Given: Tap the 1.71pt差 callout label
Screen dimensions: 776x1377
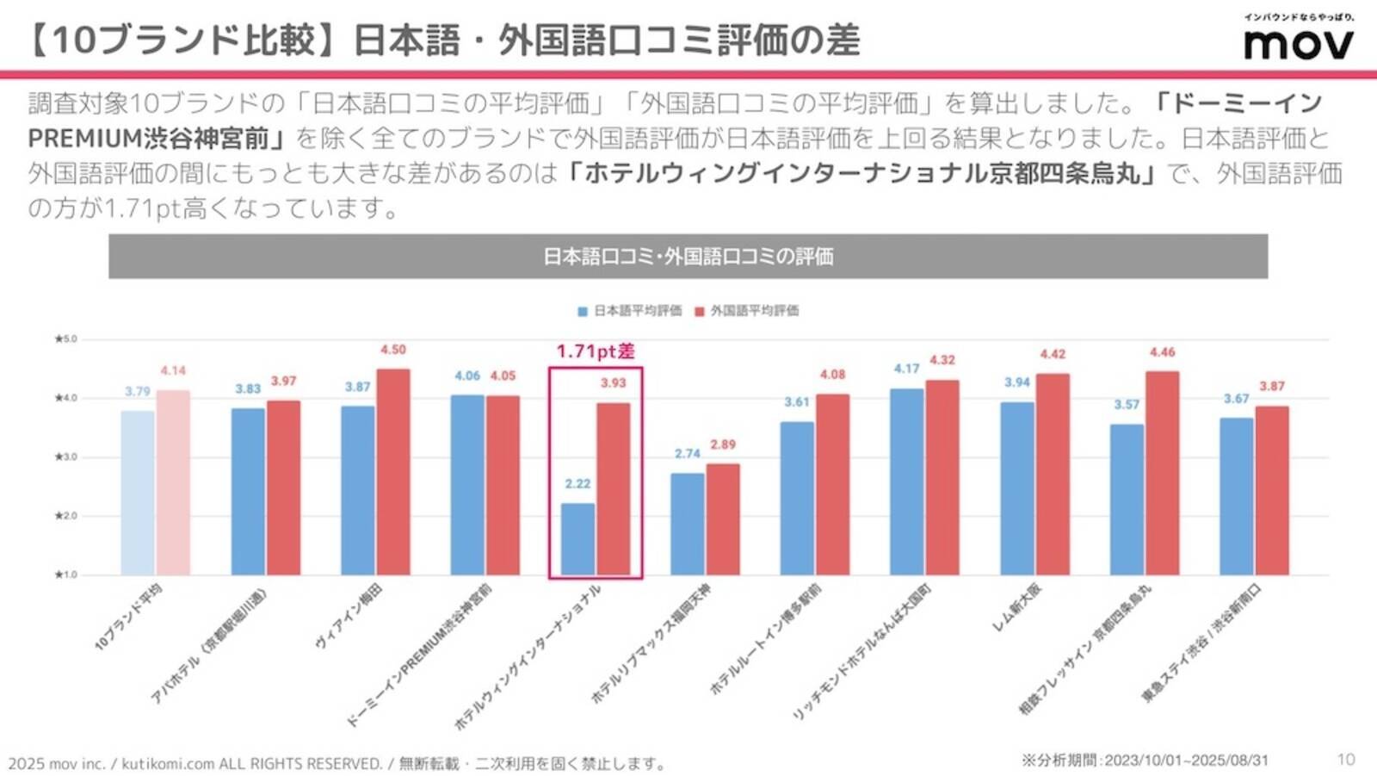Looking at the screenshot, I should pyautogui.click(x=596, y=351).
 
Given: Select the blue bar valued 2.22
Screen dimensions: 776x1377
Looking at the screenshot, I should pyautogui.click(x=577, y=539).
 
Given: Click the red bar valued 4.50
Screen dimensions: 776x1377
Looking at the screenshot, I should pyautogui.click(x=393, y=472).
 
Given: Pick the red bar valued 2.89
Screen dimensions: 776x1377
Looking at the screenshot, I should pyautogui.click(x=723, y=519).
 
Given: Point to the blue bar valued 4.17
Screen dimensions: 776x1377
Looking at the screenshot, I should pyautogui.click(x=907, y=481).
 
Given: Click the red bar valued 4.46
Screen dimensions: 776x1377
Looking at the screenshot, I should pyautogui.click(x=1162, y=473).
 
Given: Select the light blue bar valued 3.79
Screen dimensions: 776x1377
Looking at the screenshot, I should pyautogui.click(x=138, y=493).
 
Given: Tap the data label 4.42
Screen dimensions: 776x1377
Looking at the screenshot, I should pyautogui.click(x=1053, y=354).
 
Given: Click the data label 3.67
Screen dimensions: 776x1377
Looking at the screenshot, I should pyautogui.click(x=1236, y=399).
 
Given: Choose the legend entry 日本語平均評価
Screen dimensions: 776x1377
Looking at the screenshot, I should pyautogui.click(x=630, y=311).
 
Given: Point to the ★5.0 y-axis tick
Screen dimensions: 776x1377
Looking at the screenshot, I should pyautogui.click(x=65, y=339).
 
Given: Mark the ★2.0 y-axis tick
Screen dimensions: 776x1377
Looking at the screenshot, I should pyautogui.click(x=65, y=516).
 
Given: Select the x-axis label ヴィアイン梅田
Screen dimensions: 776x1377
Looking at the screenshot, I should pyautogui.click(x=349, y=617).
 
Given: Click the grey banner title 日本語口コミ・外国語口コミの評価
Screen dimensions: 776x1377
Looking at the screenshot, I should pyautogui.click(x=688, y=257).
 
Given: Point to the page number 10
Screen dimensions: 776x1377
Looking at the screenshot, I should pyautogui.click(x=1346, y=759).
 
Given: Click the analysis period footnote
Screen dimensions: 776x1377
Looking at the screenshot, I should pyautogui.click(x=1145, y=760).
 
